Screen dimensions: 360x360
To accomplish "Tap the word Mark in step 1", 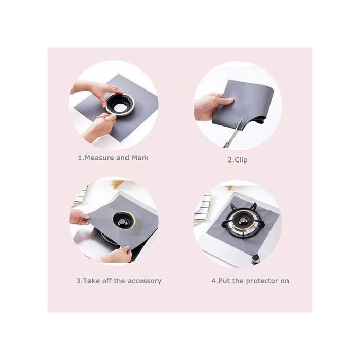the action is point(140,158).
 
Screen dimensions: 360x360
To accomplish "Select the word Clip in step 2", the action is point(240,160).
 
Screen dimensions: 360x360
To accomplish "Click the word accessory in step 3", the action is point(145,281).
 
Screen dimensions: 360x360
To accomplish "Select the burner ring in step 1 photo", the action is point(120,105).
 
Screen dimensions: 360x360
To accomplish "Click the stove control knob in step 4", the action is point(255,259).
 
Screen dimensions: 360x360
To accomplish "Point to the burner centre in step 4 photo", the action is point(242,221).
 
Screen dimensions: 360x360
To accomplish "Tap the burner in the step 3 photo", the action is point(124,221).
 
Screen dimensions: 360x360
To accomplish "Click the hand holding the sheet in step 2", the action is point(211,106).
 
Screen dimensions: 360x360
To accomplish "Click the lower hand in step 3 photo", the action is point(116,255).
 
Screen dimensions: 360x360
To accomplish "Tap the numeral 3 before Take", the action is point(78,281).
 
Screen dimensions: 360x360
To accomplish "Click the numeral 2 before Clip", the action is point(230,160).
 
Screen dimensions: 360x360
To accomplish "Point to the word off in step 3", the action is point(107,281).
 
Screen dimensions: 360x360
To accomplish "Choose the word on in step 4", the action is point(285,281).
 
